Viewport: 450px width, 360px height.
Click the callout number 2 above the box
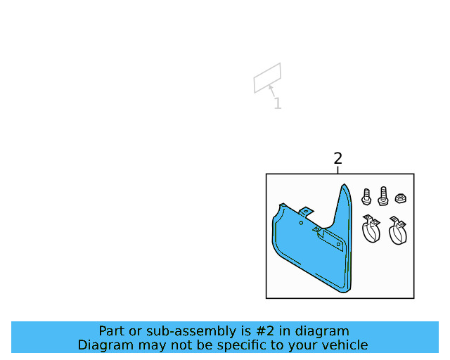[337, 158]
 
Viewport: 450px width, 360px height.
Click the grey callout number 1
[278, 104]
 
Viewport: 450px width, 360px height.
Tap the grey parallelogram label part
[267, 77]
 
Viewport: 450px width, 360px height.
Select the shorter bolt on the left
[366, 196]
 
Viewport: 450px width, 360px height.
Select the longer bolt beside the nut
[383, 195]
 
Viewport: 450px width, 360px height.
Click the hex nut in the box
[399, 198]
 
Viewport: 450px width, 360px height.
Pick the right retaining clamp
[399, 231]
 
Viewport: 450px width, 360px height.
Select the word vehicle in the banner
[345, 345]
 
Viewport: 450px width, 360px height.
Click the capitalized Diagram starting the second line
[103, 345]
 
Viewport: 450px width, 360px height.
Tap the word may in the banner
[148, 345]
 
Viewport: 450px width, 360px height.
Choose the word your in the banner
[306, 345]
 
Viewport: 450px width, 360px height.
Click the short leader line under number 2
[338, 169]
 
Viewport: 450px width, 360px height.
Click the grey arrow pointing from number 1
[271, 90]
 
